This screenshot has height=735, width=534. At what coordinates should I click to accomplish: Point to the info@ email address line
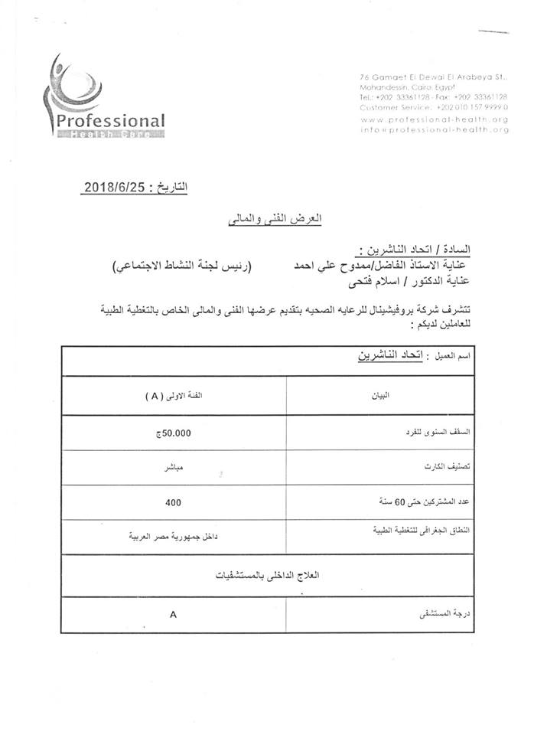[x=434, y=129]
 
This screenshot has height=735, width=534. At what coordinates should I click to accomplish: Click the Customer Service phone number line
[x=434, y=108]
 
